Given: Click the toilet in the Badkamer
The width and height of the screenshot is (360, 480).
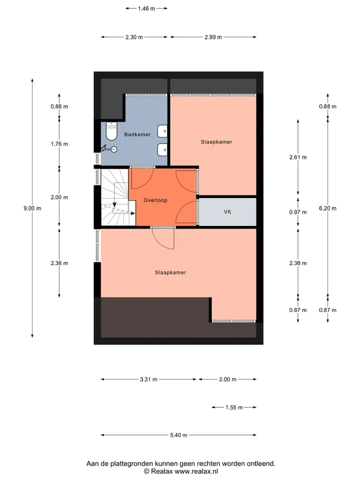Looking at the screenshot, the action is (111, 131).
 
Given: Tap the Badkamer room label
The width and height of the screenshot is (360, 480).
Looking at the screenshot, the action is (137, 134).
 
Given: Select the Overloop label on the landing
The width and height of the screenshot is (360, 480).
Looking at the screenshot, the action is (155, 200).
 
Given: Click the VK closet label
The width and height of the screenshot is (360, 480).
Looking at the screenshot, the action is (227, 212).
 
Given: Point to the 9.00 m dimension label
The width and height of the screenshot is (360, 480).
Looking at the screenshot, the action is (32, 208).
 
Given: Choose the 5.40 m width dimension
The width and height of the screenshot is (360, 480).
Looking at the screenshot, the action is (179, 435).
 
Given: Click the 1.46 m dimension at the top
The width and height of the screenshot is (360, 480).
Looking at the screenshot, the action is (146, 8).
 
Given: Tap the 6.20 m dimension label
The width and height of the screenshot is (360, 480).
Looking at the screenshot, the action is (327, 208).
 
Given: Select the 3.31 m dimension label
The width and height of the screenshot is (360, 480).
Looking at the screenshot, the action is (148, 379).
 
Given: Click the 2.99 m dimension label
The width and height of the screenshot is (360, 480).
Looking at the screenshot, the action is (213, 37).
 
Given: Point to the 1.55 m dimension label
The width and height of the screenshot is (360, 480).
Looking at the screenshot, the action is (234, 407).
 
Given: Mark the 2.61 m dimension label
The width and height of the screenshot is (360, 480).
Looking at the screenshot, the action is (298, 157).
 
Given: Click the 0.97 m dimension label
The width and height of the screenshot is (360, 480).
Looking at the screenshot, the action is (298, 212).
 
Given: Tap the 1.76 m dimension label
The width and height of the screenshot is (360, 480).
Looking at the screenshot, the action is (59, 144).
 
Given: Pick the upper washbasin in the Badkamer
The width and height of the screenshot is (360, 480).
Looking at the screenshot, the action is (162, 131).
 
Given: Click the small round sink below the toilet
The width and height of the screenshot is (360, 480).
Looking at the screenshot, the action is (114, 149).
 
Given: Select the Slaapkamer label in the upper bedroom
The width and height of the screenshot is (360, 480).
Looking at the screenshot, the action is (216, 142).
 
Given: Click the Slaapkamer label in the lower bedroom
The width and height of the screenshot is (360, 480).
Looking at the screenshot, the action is (170, 273).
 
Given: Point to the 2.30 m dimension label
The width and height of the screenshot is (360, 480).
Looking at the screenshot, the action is (134, 37).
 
